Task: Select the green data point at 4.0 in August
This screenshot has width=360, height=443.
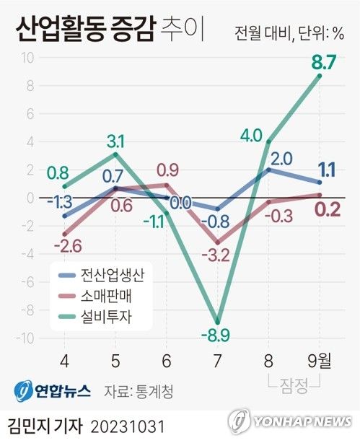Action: (x=268, y=141)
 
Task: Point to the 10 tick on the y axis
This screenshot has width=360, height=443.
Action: (x=25, y=58)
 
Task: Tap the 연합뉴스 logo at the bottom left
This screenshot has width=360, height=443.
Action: (x=51, y=390)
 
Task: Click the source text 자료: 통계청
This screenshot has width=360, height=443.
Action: (x=139, y=390)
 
